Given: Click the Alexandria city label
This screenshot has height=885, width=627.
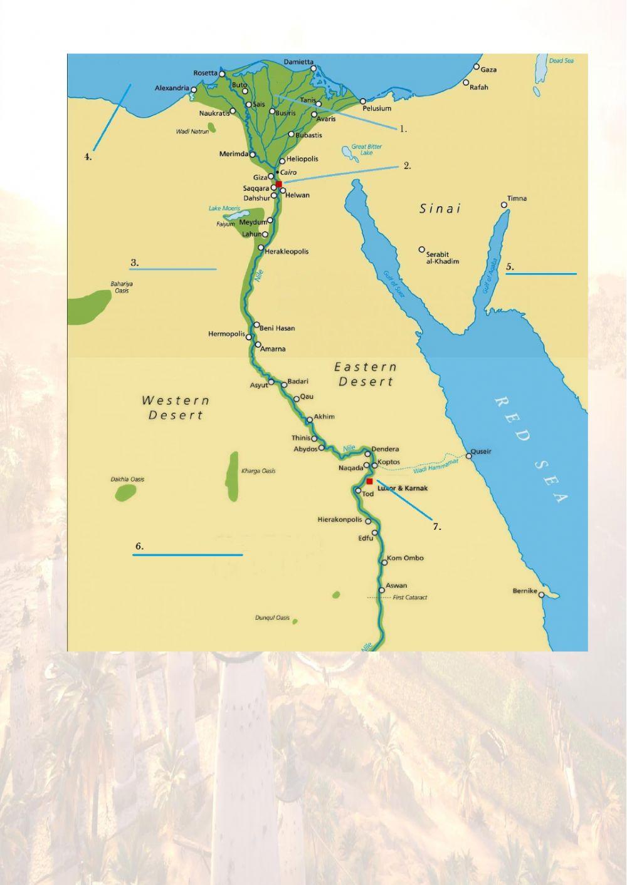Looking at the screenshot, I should (x=171, y=88).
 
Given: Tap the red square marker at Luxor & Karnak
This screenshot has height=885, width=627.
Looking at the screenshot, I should (x=370, y=481).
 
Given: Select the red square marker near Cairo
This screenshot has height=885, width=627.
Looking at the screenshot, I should (x=279, y=184).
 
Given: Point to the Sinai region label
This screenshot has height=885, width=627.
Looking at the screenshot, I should (x=440, y=209).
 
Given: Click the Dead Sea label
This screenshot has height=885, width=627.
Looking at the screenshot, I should (x=561, y=61).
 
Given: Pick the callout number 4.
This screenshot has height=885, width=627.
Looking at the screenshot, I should (x=88, y=157).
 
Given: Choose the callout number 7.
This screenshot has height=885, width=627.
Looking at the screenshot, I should (x=437, y=527).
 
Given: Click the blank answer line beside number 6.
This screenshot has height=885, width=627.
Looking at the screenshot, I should (x=187, y=555).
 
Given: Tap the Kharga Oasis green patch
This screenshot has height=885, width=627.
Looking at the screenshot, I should (x=233, y=476).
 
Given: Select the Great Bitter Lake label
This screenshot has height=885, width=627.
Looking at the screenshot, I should (x=366, y=150).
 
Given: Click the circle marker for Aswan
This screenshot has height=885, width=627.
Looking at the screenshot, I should (x=381, y=590).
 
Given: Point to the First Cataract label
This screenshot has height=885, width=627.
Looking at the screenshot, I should (x=409, y=598).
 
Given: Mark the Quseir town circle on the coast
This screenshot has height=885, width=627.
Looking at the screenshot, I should (x=468, y=455).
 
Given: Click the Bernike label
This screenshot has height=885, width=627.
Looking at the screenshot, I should (x=524, y=591).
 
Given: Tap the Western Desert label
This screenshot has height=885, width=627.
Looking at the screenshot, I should (x=176, y=407).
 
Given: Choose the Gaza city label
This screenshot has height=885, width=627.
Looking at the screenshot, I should (x=488, y=70).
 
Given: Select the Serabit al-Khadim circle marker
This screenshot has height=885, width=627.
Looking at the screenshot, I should (x=422, y=249).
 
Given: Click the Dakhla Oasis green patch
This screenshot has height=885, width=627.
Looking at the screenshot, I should (x=125, y=492).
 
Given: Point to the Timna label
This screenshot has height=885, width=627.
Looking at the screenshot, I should (x=517, y=199).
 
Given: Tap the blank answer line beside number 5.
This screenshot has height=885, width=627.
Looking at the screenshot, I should (x=540, y=274).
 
